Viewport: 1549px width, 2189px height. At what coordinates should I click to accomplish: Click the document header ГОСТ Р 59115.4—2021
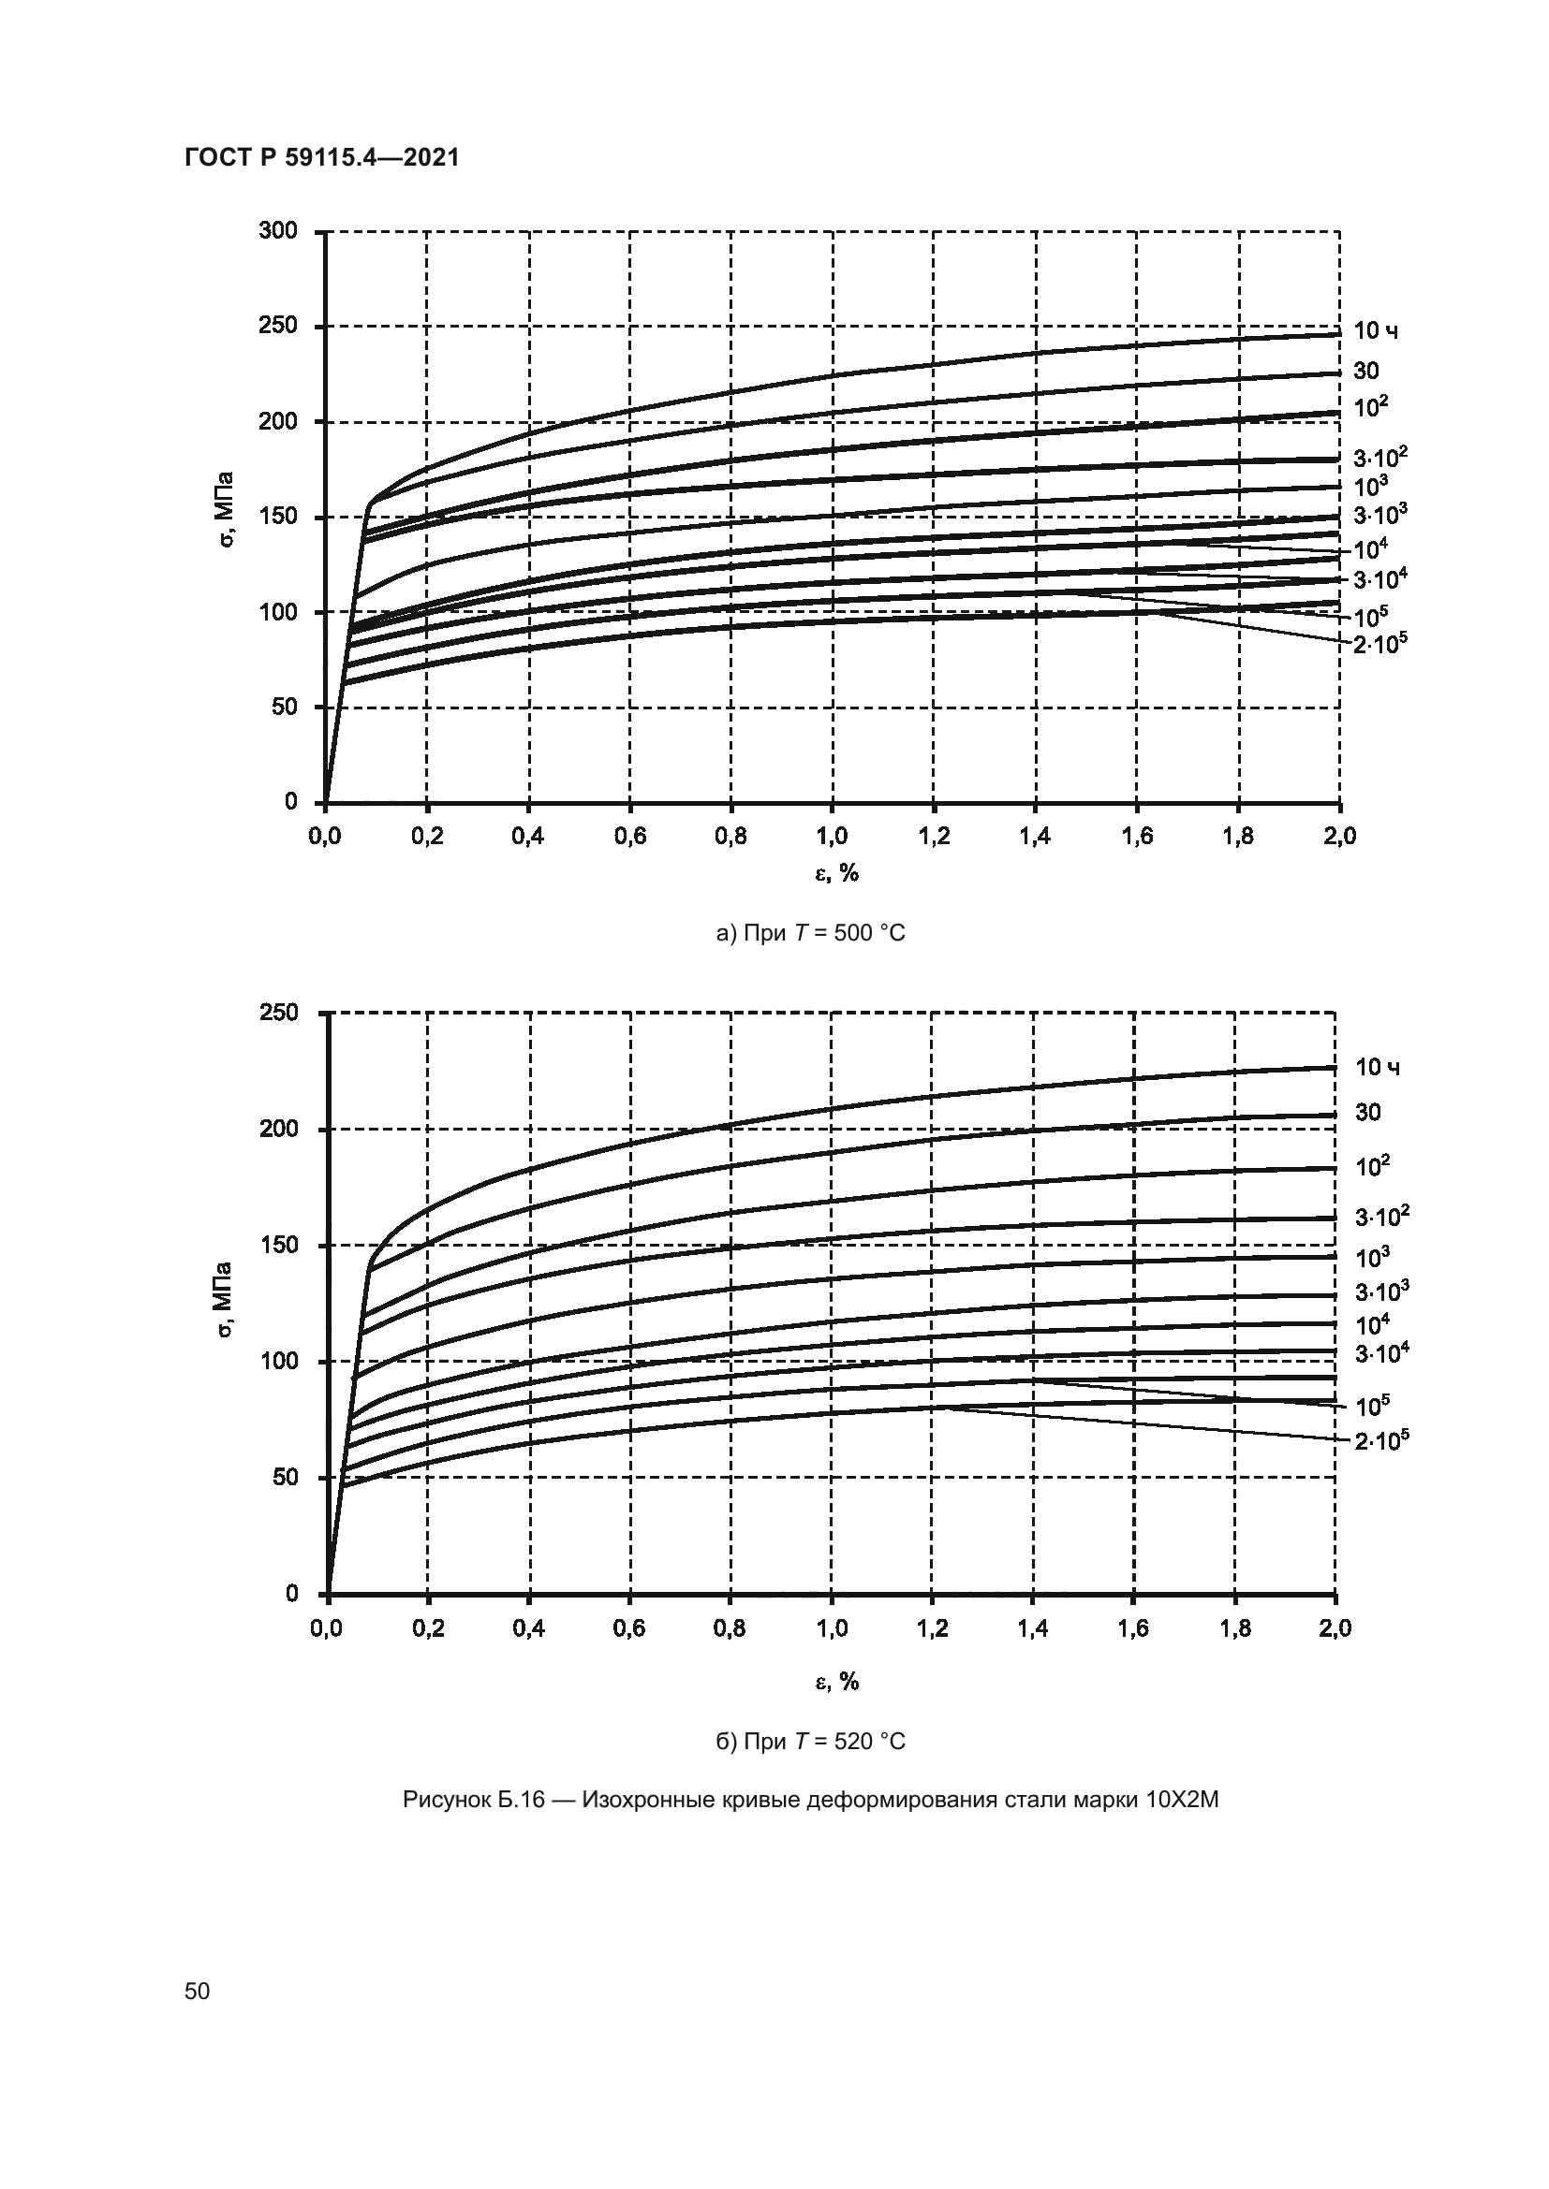point(321,158)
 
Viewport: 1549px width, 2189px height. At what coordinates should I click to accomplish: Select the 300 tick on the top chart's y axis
point(278,231)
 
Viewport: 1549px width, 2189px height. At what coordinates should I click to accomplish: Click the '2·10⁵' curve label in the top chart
point(1380,646)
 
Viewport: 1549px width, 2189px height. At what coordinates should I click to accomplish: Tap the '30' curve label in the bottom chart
point(1367,1113)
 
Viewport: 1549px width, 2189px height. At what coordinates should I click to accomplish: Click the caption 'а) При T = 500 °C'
point(810,933)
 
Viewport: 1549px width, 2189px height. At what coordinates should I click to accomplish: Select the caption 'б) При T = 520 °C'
point(810,1742)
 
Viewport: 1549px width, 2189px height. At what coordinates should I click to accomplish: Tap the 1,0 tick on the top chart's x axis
point(832,837)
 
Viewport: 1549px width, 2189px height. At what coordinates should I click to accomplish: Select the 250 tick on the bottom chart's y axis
point(278,1013)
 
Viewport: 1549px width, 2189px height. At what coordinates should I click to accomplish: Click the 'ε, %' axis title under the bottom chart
point(836,1683)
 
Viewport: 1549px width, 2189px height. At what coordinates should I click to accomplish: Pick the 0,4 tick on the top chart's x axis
point(527,837)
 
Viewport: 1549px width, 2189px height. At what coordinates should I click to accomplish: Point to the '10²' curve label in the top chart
point(1371,408)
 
